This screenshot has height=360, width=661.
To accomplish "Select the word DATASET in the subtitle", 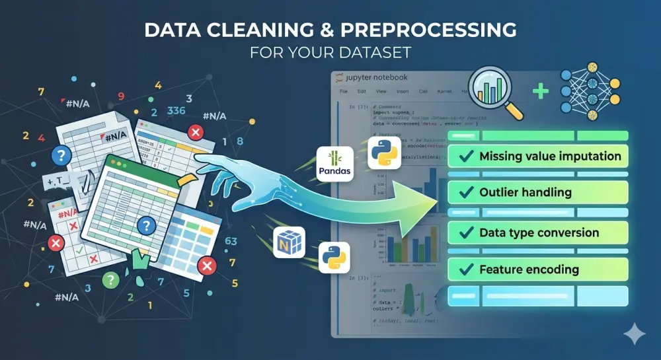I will coord(383,53).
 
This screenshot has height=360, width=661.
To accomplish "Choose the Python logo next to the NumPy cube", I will coord(334,258).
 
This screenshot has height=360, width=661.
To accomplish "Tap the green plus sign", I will coord(541,91).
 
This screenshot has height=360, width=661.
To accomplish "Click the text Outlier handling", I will coord(525,193).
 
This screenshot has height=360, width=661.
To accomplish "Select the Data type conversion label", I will coord(539,233).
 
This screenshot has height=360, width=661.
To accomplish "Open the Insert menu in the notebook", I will coord(403,90).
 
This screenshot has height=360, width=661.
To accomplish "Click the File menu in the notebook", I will coord(343,90).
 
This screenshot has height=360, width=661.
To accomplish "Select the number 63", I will coord(231,241).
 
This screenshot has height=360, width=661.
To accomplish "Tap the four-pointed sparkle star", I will coord(635,334).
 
